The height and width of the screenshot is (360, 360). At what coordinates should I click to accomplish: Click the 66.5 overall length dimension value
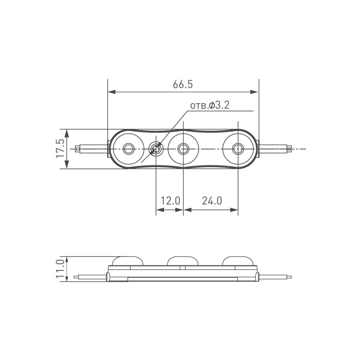(x=183, y=85)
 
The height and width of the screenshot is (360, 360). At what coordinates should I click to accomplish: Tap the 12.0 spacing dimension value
(x=170, y=201)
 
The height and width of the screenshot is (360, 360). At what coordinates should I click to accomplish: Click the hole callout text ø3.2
(x=210, y=105)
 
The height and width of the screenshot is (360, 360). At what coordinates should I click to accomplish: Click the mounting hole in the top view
(x=156, y=148)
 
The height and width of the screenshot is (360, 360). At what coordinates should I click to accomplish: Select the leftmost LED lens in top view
(x=128, y=148)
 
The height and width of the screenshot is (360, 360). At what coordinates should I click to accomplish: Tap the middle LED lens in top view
(x=183, y=148)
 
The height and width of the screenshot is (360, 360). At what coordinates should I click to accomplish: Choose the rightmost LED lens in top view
(x=238, y=148)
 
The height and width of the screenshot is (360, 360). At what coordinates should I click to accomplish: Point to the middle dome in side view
(x=183, y=261)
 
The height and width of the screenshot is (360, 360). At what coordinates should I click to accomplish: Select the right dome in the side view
(x=238, y=261)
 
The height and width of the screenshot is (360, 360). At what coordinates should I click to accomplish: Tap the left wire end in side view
(x=76, y=277)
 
